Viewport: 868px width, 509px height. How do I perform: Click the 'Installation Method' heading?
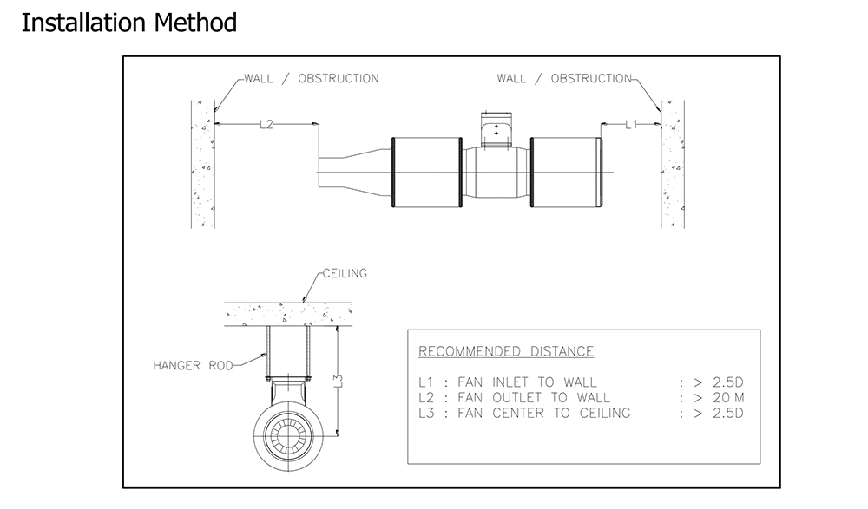click(x=128, y=23)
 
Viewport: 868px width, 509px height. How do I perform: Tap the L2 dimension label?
click(x=266, y=124)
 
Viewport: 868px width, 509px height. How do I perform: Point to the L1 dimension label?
click(x=631, y=124)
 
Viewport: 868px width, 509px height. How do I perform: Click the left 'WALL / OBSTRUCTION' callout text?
click(x=312, y=78)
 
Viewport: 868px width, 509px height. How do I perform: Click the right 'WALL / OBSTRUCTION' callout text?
click(x=564, y=78)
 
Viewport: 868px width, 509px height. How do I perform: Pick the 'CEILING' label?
click(x=345, y=273)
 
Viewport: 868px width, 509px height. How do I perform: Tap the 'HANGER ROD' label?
click(x=193, y=365)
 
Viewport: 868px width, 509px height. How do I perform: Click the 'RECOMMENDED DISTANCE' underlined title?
click(x=506, y=351)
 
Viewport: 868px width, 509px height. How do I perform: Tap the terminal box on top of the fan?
click(x=496, y=129)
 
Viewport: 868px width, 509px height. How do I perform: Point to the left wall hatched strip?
click(x=202, y=165)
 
